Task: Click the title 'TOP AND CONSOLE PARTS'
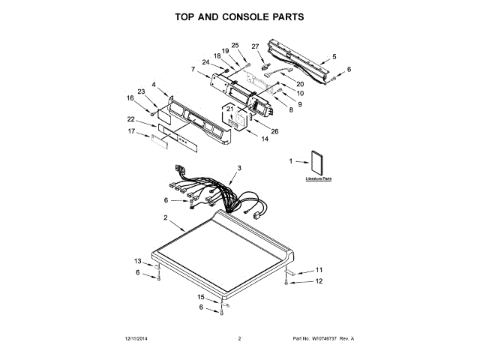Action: pos(239,16)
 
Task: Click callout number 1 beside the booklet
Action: pos(291,161)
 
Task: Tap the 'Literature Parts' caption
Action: pos(318,180)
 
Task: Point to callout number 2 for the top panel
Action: pos(164,217)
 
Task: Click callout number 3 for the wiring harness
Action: pos(239,168)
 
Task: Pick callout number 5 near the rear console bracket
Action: pos(334,57)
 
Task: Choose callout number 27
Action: pos(254,46)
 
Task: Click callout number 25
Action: pos(234,45)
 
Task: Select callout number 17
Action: pos(131,132)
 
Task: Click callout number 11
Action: pos(318,269)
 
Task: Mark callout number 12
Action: pos(318,281)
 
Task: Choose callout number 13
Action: pos(137,261)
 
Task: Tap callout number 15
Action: pos(200,297)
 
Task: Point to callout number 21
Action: pos(231,109)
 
